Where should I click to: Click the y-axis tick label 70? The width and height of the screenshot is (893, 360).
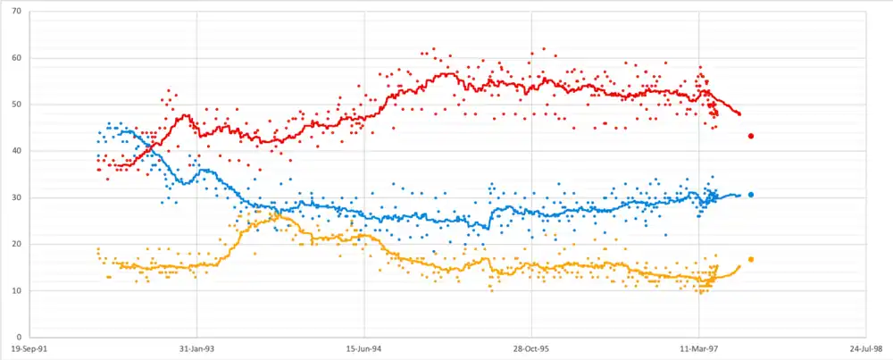(20, 12)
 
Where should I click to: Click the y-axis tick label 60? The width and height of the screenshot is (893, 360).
(20, 58)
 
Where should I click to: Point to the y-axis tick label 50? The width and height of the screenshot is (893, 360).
(20, 105)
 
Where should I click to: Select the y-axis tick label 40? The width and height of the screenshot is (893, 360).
(20, 151)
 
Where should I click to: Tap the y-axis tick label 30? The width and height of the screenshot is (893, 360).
(20, 197)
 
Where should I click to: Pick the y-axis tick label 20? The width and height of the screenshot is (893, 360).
(20, 244)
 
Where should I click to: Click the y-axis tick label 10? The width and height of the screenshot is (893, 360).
(20, 290)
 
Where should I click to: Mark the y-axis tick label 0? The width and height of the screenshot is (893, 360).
(22, 337)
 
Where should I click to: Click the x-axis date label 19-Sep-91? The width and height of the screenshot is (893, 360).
(30, 349)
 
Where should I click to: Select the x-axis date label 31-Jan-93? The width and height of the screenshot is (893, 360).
(197, 349)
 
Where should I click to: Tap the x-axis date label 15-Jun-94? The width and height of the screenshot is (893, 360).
(364, 349)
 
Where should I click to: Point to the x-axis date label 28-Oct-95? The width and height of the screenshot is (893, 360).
(530, 349)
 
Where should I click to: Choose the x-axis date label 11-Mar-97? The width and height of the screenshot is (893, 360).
(697, 349)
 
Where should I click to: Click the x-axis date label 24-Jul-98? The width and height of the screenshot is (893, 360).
(864, 349)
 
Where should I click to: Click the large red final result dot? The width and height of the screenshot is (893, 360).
(752, 136)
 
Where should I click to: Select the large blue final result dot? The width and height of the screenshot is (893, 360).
(752, 195)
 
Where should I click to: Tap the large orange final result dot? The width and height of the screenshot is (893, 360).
(752, 259)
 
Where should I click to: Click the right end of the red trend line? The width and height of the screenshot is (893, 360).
(740, 113)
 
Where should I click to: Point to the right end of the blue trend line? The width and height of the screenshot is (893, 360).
(740, 195)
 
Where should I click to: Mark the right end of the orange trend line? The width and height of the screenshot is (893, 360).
(739, 265)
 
